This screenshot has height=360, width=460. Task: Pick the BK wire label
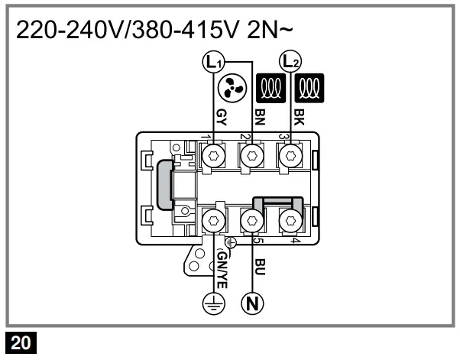[x=299, y=115]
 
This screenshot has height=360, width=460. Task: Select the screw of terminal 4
[x=289, y=221]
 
